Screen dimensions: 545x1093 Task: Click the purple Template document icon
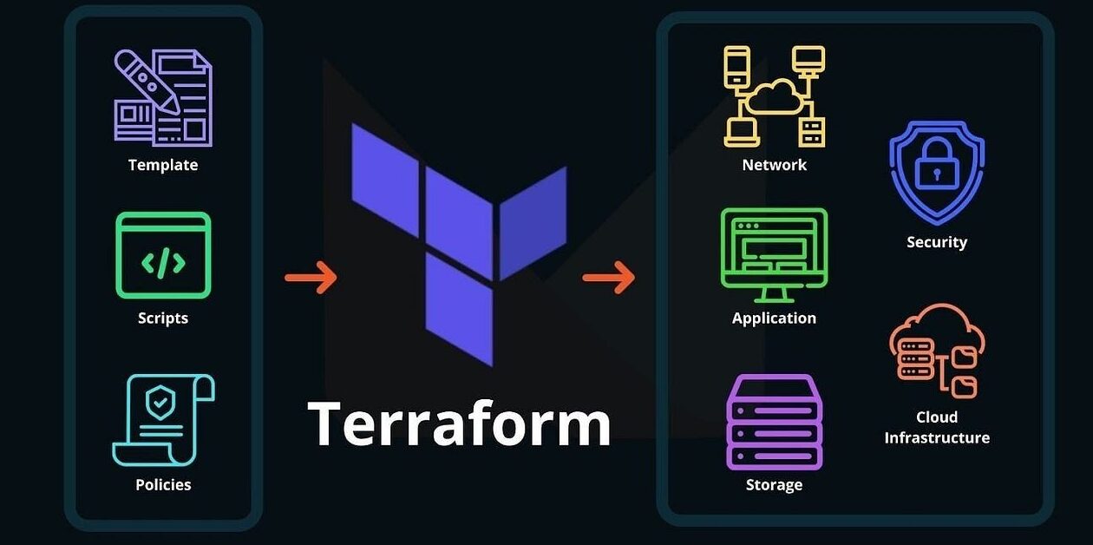pos(163,97)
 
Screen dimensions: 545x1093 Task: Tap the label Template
pos(163,165)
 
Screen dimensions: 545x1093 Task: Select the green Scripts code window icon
pos(163,255)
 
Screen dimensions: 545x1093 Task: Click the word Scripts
pos(163,318)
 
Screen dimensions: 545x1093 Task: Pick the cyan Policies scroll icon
pos(163,420)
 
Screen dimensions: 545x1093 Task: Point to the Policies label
pos(163,484)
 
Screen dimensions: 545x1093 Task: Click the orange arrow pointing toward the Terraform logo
pos(311,278)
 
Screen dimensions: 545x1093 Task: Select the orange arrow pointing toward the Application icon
pos(608,278)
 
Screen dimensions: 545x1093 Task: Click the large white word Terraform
pos(459,424)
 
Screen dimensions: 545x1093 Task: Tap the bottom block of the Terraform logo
pos(459,310)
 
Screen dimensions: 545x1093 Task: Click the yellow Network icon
pos(774,95)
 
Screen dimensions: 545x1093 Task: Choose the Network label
pos(774,165)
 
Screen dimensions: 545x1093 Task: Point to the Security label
pos(937,242)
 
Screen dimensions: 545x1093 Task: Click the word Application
pos(774,318)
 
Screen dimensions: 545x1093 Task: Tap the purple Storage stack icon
pos(774,422)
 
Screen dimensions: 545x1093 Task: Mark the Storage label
pos(774,484)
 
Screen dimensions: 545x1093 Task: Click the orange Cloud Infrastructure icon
pos(937,351)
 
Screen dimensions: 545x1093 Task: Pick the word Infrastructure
pos(937,437)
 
